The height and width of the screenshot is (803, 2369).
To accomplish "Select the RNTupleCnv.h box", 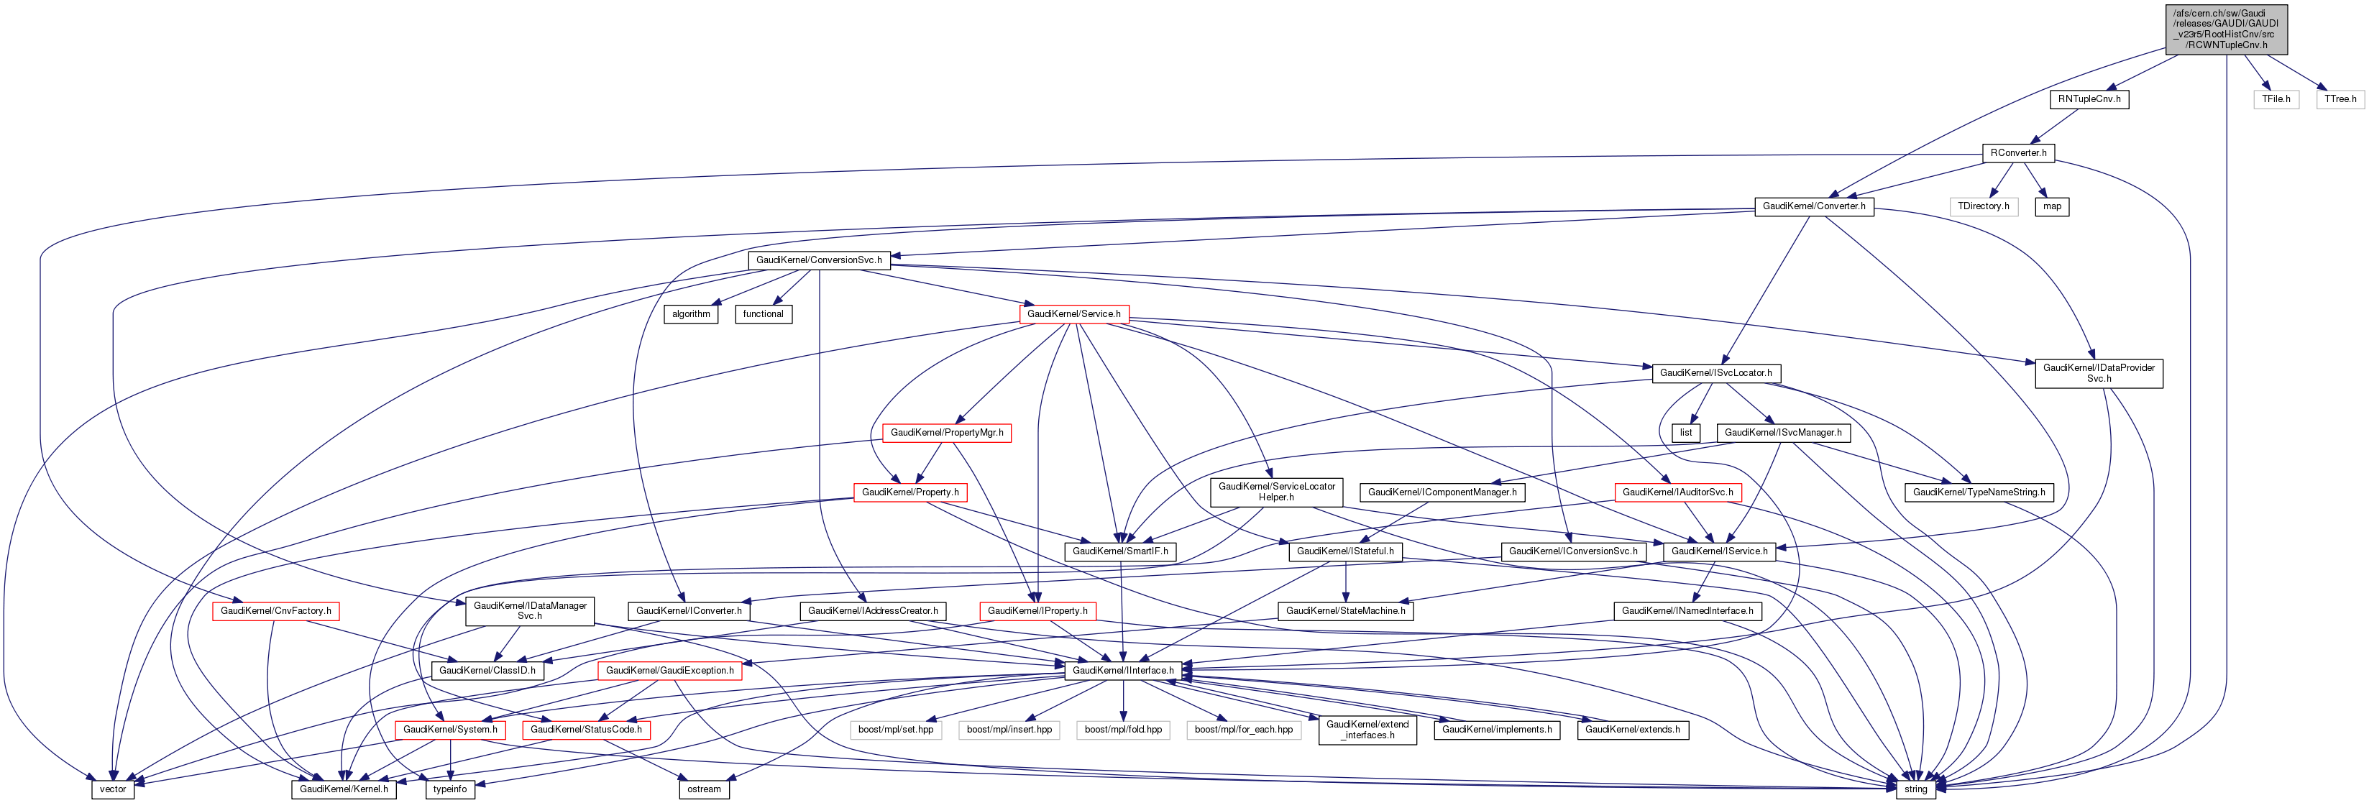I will [2089, 99].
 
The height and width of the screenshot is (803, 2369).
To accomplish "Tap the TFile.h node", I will [2276, 99].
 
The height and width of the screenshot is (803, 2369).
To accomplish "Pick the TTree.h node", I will [2340, 99].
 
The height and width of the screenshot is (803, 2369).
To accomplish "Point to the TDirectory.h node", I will [1983, 206].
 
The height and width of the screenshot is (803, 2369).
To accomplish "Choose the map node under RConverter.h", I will [2052, 206].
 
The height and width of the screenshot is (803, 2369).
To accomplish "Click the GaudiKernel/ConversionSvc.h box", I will [818, 260].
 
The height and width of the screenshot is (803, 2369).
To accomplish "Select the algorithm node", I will [691, 313].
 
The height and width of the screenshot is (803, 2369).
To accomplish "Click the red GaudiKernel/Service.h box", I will [1073, 313].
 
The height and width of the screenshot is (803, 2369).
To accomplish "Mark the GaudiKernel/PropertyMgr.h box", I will [946, 432].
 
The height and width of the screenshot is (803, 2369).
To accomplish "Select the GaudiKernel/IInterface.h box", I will [1122, 671].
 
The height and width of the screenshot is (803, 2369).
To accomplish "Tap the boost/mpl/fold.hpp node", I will [1123, 730].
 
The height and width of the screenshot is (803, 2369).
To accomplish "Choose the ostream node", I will [705, 789].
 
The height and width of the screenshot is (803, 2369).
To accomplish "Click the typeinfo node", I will [449, 789].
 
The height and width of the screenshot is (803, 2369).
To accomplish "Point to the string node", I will [1915, 789].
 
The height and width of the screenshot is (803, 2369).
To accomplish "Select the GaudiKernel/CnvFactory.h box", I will [275, 611].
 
